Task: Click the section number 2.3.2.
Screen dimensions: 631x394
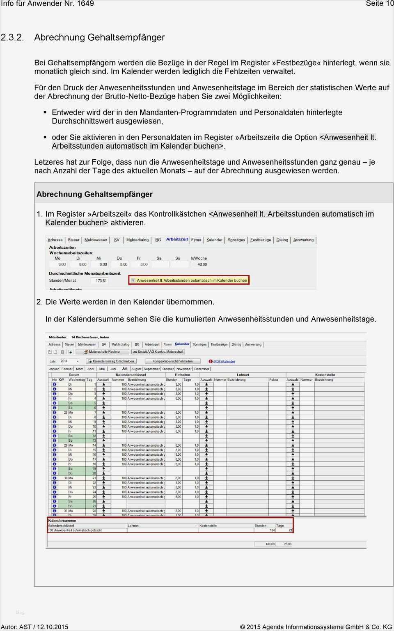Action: coord(12,37)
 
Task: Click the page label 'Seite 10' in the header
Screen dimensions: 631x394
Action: coord(379,4)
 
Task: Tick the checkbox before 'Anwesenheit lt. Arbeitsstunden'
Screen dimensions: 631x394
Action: coord(133,280)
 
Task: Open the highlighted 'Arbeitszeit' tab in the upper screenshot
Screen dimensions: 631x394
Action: coord(177,239)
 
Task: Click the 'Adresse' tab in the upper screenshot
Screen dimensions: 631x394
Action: coord(55,240)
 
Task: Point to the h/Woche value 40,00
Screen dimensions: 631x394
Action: coord(202,264)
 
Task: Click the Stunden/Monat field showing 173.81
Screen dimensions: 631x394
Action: coord(101,281)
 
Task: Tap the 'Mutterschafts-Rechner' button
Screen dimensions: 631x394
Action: coord(102,352)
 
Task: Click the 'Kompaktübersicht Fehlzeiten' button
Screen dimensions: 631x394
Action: coord(172,361)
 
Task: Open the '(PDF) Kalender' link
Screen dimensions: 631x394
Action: coord(224,362)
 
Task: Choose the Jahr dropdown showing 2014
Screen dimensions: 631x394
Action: coord(69,361)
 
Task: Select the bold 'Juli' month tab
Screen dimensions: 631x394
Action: coord(124,369)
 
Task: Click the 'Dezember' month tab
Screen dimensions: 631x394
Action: coord(202,369)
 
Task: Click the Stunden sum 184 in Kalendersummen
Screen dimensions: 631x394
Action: coord(272,530)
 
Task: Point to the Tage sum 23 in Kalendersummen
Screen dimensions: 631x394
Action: coord(290,530)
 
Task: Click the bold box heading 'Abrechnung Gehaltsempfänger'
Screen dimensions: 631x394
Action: coord(94,194)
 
